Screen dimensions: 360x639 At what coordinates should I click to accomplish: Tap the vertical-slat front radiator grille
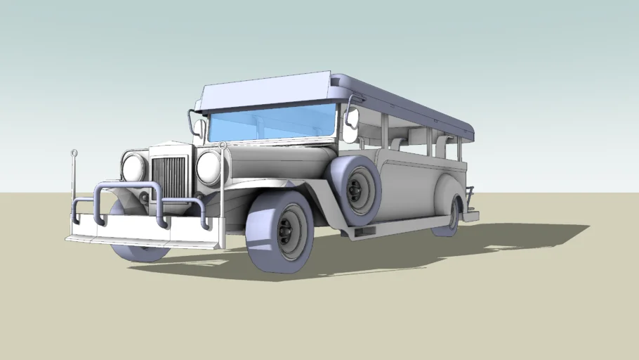[x=169, y=178]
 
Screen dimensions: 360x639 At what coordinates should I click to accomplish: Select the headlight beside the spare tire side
[x=209, y=167]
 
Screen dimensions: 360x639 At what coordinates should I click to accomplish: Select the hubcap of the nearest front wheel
[x=289, y=231]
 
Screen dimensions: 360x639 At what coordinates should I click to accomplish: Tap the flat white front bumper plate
[x=140, y=226]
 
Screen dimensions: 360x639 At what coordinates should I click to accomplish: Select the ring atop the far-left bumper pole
[x=74, y=153]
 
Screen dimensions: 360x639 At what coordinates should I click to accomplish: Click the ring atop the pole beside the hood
[x=223, y=146]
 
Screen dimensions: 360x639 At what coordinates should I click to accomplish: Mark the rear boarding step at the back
[x=470, y=215]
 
